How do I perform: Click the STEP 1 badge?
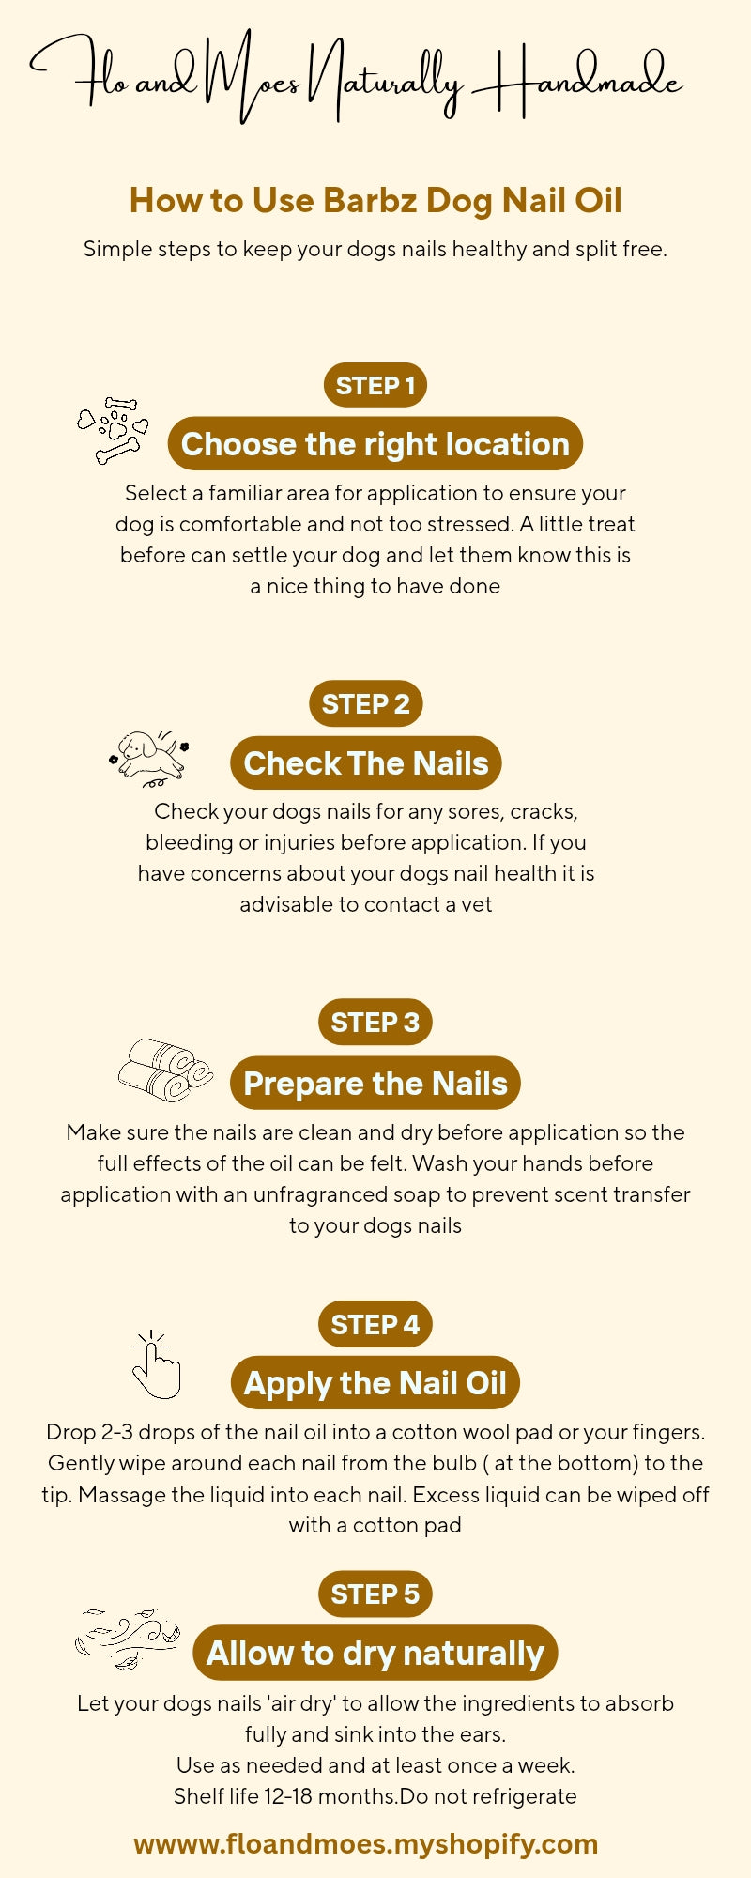[x=375, y=385]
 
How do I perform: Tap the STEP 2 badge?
[x=366, y=703]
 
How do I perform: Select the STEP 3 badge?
[x=375, y=1022]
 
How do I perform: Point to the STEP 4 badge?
[x=375, y=1324]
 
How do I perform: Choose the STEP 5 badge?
[x=375, y=1593]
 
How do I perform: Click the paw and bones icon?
[x=114, y=430]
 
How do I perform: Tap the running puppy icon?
[x=149, y=758]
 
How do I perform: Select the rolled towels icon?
[x=164, y=1070]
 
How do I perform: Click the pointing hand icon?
[x=155, y=1365]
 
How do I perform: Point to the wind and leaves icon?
[x=128, y=1639]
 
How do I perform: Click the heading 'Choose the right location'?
[x=375, y=444]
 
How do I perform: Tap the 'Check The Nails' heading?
[x=366, y=763]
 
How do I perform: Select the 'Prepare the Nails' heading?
[x=375, y=1083]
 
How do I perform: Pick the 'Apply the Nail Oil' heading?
[x=375, y=1383]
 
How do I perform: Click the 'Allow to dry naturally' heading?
[x=375, y=1653]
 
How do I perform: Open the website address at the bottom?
[x=366, y=1843]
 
